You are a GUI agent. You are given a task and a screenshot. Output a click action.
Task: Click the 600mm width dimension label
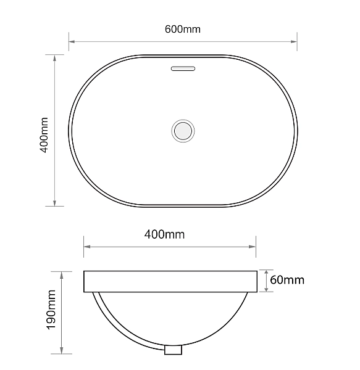point(183,29)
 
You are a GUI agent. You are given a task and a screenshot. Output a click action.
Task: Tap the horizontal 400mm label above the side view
point(164,234)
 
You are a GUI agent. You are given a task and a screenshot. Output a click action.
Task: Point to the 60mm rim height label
point(287,280)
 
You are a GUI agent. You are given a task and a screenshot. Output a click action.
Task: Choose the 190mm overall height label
point(51,312)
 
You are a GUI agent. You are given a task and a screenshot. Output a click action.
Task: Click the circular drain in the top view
point(183,131)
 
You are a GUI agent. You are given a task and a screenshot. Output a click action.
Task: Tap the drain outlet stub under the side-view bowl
point(174,350)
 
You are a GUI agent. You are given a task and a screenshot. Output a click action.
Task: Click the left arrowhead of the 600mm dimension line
point(71,42)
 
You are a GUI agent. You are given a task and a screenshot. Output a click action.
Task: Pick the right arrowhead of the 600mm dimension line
point(295,42)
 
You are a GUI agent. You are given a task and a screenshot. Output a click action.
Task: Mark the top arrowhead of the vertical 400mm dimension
point(56,57)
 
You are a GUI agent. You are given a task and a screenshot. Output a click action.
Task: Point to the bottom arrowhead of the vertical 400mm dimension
point(56,203)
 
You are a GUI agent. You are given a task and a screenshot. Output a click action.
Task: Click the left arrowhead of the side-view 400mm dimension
point(86,247)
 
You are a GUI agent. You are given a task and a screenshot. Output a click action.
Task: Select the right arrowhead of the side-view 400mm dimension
point(253,247)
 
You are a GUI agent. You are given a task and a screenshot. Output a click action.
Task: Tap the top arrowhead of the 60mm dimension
point(267,272)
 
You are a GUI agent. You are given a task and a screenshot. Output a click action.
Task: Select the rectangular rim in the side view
point(170,281)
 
